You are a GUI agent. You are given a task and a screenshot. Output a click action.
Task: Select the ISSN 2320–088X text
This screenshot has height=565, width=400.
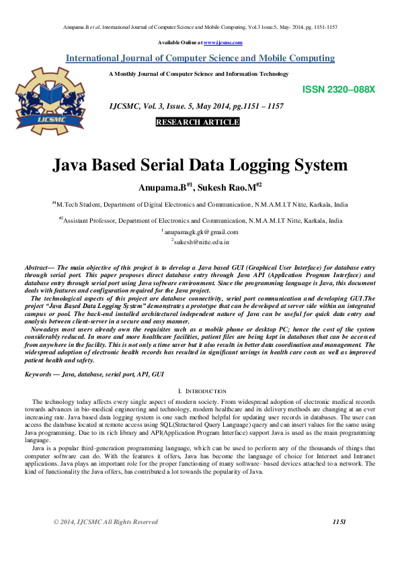[339, 89]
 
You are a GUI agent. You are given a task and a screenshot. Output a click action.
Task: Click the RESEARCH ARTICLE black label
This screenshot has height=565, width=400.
[198, 122]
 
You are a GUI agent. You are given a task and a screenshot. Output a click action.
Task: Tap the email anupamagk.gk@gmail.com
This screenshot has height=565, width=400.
[201, 232]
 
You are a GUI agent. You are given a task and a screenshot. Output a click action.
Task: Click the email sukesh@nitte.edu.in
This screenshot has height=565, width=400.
[201, 241]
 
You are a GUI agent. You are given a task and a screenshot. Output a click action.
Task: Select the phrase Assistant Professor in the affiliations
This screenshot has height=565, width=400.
[94, 220]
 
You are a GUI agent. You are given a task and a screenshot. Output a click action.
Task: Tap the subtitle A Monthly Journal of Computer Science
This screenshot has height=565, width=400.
[199, 74]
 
